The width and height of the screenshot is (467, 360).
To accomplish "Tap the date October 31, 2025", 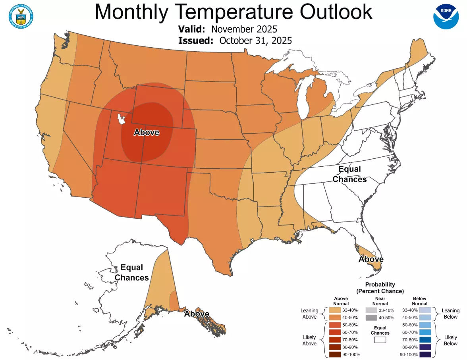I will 256,40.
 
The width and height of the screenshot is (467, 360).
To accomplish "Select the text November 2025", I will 244,29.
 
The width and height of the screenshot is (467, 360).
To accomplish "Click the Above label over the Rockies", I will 147,132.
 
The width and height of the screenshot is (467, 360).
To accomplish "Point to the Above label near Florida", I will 371,259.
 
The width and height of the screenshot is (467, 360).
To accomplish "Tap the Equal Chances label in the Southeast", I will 349,174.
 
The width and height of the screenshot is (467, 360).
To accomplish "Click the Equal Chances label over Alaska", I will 132,272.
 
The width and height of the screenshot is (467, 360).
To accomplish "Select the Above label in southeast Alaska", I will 197,314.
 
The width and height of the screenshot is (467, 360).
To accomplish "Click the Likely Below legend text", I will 451,340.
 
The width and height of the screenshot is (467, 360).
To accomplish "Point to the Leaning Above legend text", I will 309,314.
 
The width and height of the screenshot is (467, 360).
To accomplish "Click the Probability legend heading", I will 380,287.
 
